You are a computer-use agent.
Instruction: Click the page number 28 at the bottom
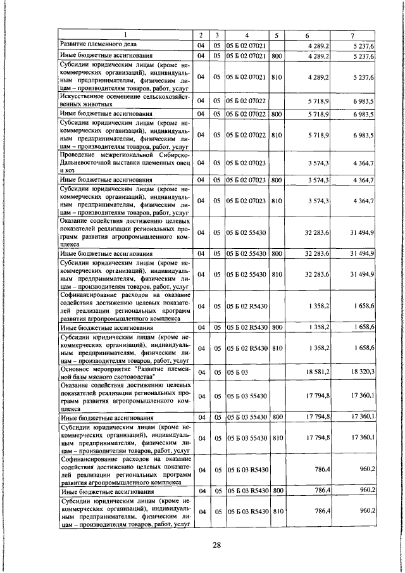[216, 545]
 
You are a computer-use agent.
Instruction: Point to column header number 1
[125, 35]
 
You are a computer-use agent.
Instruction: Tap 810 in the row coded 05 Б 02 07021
[276, 77]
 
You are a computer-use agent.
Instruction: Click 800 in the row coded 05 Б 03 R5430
[276, 491]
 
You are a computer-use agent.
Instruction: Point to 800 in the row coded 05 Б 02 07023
[276, 181]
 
